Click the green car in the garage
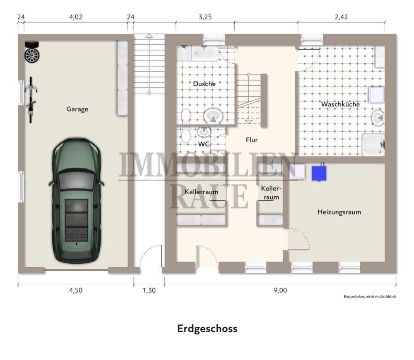point(76,199)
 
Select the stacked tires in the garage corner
point(31,52)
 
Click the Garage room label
point(77,110)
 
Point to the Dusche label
point(204,84)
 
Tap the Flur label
point(252,140)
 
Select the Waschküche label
point(340,104)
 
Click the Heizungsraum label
point(339,212)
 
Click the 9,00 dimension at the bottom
point(280,290)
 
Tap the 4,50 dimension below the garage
point(76,290)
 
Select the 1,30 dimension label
point(149,290)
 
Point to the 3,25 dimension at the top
point(205,17)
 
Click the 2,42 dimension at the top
point(341,17)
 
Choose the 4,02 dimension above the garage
point(76,17)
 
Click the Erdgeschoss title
point(207,329)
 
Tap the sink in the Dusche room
point(213,115)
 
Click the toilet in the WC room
point(186,135)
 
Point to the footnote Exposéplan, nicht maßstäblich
point(370,297)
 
